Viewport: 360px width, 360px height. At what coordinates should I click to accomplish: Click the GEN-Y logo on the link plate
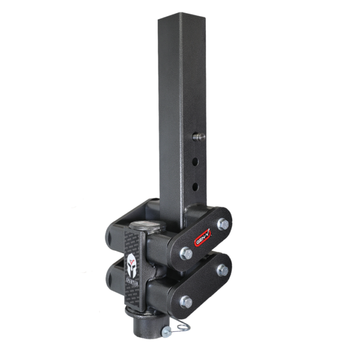pyautogui.click(x=203, y=238)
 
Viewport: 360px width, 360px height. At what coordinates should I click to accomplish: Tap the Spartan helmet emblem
pyautogui.click(x=131, y=262)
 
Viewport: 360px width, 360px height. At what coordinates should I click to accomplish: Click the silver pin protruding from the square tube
pyautogui.click(x=199, y=137)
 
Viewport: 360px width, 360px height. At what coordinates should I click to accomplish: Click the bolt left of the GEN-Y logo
pyautogui.click(x=186, y=254)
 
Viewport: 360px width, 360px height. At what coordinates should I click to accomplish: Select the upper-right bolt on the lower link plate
pyautogui.click(x=223, y=269)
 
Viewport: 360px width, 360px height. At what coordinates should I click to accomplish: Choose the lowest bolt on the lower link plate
pyautogui.click(x=186, y=301)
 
